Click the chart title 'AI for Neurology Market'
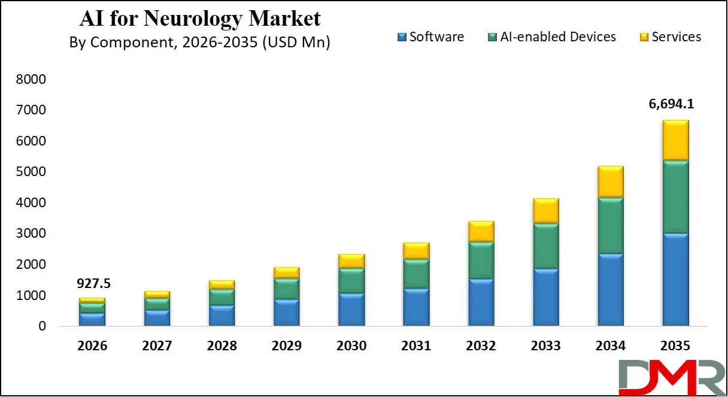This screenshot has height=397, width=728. pyautogui.click(x=200, y=18)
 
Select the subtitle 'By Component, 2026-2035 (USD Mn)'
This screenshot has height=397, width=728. pyautogui.click(x=200, y=43)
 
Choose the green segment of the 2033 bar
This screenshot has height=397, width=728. pyautogui.click(x=546, y=246)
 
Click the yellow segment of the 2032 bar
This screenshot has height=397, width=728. pyautogui.click(x=481, y=231)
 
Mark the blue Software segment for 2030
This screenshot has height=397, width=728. pyautogui.click(x=351, y=310)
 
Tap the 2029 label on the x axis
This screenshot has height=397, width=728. pyautogui.click(x=286, y=346)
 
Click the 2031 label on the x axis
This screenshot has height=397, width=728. pyautogui.click(x=416, y=346)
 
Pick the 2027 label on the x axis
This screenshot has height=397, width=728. pyautogui.click(x=157, y=346)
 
